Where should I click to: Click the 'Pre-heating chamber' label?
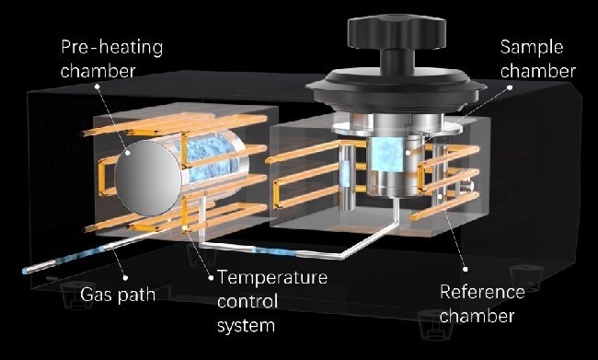point(111,59)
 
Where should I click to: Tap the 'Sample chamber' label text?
point(538,59)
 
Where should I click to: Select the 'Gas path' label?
point(118,295)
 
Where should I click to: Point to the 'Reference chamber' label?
point(482,304)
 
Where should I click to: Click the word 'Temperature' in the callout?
point(272,277)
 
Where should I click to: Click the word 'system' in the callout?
point(246,326)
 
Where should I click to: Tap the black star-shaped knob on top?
point(397,32)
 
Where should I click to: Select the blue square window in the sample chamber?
point(387,155)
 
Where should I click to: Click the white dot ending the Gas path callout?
point(125,278)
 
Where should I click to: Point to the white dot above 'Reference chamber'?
point(466,269)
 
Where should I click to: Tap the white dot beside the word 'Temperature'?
point(211,278)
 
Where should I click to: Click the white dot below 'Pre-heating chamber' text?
point(97,87)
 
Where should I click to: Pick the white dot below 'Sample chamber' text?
point(510,87)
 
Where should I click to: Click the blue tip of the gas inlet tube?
point(25,271)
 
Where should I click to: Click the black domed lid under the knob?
point(396,88)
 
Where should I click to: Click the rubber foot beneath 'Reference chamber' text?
point(434,324)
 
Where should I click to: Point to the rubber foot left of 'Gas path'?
point(77,295)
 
